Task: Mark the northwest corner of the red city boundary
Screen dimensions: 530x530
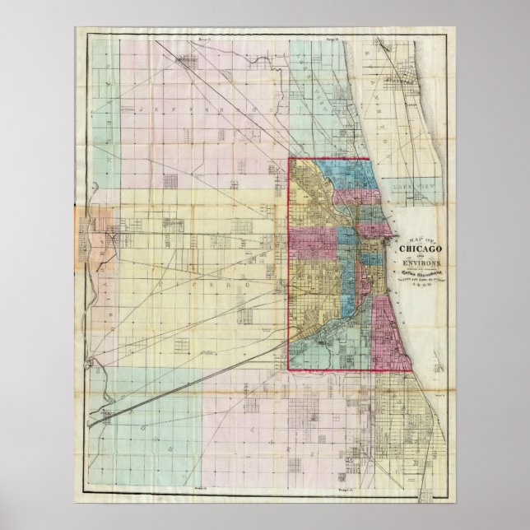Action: click(288, 159)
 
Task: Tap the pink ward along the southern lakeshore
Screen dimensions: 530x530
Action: click(384, 333)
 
